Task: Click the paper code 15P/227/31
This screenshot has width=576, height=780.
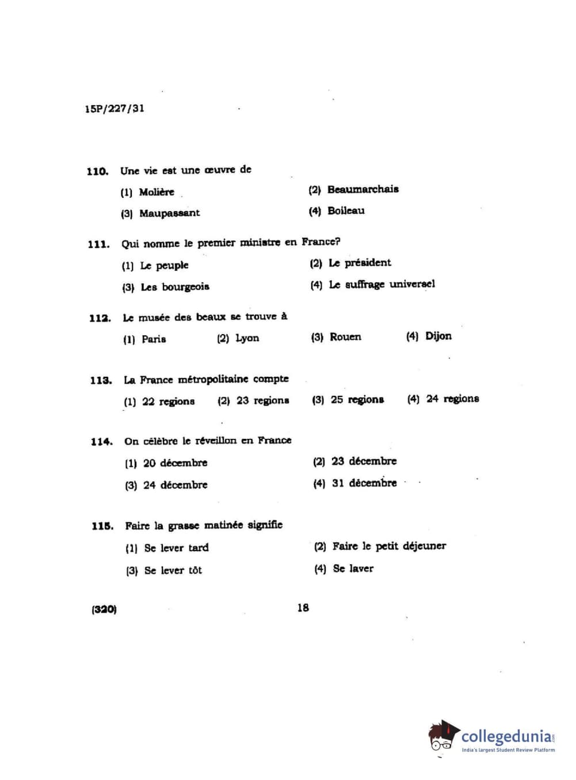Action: pyautogui.click(x=115, y=108)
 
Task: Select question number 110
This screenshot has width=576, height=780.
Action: pyautogui.click(x=97, y=171)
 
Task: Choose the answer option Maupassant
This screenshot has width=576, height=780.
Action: pyautogui.click(x=169, y=213)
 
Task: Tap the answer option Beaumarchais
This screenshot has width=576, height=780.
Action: pyautogui.click(x=363, y=189)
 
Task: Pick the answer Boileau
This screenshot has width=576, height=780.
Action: pyautogui.click(x=346, y=211)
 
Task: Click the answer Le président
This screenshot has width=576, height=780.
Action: pyautogui.click(x=360, y=263)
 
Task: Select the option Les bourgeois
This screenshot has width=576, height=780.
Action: pyautogui.click(x=175, y=286)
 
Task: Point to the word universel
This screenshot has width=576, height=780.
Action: pyautogui.click(x=412, y=284)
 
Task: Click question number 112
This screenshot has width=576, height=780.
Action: pyautogui.click(x=100, y=318)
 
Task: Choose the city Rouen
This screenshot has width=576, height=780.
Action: pyautogui.click(x=345, y=337)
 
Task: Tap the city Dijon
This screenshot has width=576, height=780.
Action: pyautogui.click(x=438, y=336)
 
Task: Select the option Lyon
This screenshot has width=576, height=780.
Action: pyautogui.click(x=247, y=338)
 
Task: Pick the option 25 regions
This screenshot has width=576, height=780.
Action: pyautogui.click(x=357, y=399)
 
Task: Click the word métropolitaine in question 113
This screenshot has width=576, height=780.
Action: pyautogui.click(x=213, y=380)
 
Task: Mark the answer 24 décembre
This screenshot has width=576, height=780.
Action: pyautogui.click(x=175, y=485)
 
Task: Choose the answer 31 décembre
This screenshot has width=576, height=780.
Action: pyautogui.click(x=364, y=483)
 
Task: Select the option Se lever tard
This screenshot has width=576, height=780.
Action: pyautogui.click(x=176, y=548)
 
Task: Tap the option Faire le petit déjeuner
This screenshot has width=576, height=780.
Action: pyautogui.click(x=389, y=546)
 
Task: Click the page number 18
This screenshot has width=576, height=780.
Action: pyautogui.click(x=303, y=607)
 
